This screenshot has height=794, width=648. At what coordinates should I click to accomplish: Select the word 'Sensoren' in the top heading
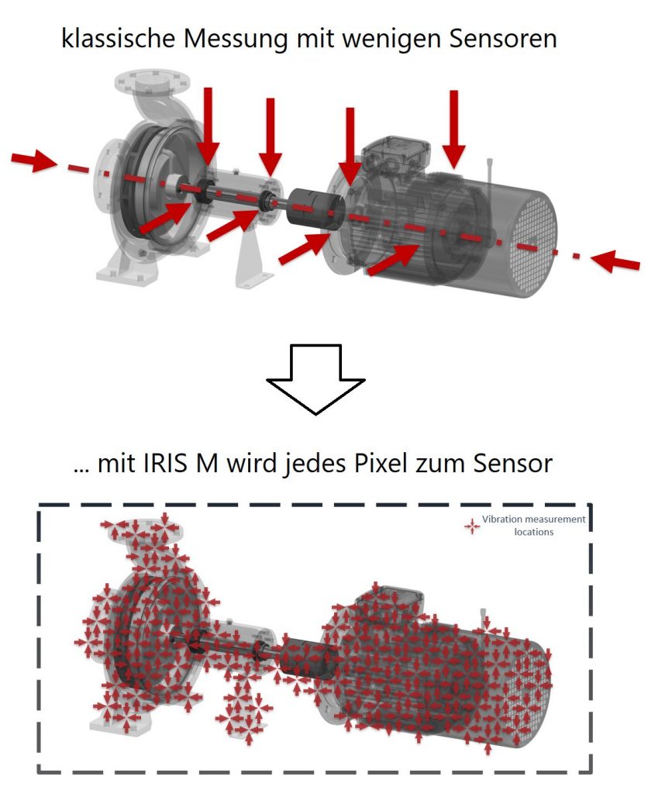pos(503,38)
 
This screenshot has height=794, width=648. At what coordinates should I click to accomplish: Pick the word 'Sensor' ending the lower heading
pos(512,464)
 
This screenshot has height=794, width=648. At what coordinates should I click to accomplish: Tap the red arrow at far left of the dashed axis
pos(33,160)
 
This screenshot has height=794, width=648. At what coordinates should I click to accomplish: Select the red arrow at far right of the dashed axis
pos(615,261)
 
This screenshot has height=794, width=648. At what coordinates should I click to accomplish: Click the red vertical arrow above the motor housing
pos(454,129)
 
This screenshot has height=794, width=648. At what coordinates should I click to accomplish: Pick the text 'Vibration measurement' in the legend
pos(533,519)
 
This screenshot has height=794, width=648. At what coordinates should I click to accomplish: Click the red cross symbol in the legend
pos(472,526)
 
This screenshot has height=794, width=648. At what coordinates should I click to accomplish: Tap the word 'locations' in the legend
pos(533,532)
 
